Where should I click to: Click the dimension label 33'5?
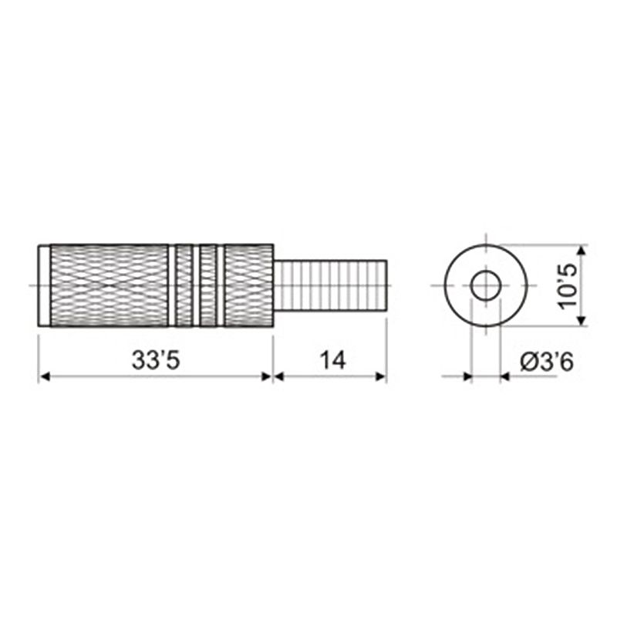click(x=156, y=360)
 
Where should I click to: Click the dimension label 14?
click(x=332, y=360)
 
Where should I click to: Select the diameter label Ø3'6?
click(x=547, y=361)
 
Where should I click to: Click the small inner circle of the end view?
click(x=486, y=271)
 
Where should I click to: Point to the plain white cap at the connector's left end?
click(x=44, y=285)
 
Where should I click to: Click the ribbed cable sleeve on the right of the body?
click(x=330, y=285)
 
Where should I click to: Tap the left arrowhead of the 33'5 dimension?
click(x=45, y=376)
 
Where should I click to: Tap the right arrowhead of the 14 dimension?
click(x=381, y=376)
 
